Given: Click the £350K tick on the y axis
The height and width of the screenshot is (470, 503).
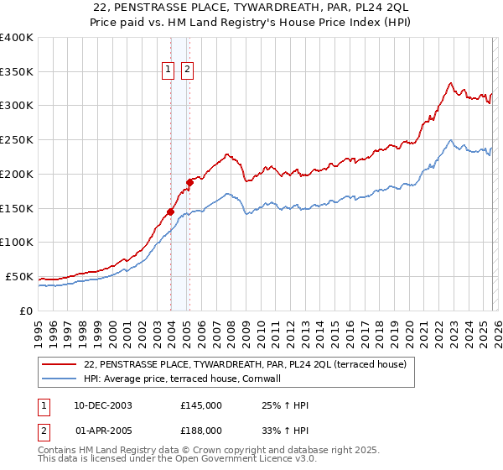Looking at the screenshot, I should (17, 71).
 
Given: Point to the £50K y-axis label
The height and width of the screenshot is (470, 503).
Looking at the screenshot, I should (19, 276).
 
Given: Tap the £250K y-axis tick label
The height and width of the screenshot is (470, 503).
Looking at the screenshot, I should (17, 140).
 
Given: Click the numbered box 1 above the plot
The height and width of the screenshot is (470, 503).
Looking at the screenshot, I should (169, 70).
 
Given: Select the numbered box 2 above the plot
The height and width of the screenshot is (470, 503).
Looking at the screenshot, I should (186, 70).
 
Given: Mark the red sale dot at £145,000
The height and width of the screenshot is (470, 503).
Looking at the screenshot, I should (171, 211).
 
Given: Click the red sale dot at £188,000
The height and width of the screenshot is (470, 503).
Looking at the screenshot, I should (190, 182).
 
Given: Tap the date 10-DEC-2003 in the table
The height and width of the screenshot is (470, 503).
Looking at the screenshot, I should (103, 405).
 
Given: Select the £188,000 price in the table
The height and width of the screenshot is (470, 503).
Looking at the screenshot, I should (201, 430).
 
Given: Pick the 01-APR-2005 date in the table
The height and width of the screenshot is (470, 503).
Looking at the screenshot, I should (103, 430).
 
